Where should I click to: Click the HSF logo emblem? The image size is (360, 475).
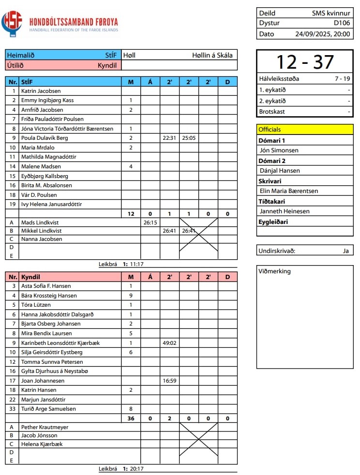tap(12, 23)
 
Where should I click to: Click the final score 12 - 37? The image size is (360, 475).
tap(305, 62)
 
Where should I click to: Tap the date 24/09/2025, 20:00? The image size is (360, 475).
tap(322, 34)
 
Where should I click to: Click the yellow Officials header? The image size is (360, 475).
tap(305, 129)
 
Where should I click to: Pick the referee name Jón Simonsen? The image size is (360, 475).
tap(279, 150)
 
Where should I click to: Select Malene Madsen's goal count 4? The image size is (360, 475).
tap(131, 166)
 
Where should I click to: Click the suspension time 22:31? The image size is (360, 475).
tap(169, 138)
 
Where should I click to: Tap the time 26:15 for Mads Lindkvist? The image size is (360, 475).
tap(150, 223)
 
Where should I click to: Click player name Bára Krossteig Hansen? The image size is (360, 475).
tap(49, 296)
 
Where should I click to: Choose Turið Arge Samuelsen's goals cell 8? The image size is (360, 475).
tap(131, 409)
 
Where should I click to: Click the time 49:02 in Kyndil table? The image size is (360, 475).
tap(169, 343)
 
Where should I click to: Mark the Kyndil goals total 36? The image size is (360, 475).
tap(131, 418)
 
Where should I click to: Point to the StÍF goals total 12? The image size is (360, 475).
tap(131, 214)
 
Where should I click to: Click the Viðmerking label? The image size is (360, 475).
tap(275, 271)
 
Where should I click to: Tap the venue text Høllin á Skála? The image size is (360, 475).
tap(212, 55)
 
